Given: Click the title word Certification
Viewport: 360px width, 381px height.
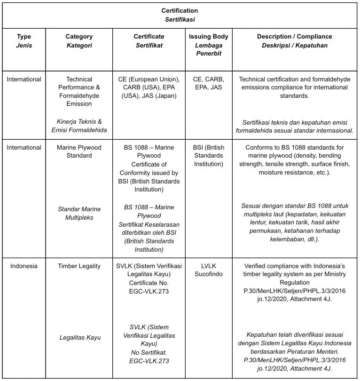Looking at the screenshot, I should (x=180, y=11).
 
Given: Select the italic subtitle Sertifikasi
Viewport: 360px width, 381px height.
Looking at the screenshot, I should (x=180, y=20).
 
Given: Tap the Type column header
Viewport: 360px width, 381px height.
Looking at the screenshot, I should (x=23, y=37).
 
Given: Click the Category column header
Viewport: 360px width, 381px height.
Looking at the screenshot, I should (x=79, y=37).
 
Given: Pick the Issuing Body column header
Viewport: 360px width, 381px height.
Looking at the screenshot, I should (x=208, y=37).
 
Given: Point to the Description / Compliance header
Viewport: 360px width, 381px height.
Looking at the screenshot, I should (x=294, y=37).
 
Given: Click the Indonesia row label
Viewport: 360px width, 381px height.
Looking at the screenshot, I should (x=23, y=266).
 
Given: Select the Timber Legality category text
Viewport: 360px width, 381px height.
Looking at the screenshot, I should (x=79, y=266).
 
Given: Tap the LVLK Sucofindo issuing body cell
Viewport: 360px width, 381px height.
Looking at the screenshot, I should (x=208, y=270).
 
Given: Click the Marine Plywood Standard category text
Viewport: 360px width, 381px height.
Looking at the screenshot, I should (x=79, y=151).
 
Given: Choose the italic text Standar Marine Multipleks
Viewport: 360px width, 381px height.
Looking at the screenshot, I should (x=79, y=214).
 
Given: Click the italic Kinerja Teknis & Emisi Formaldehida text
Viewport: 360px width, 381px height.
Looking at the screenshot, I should (x=79, y=126).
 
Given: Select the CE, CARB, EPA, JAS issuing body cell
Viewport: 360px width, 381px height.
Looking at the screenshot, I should (x=208, y=83).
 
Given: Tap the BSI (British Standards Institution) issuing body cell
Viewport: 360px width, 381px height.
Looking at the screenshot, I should (x=208, y=156).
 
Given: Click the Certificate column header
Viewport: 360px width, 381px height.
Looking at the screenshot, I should (x=149, y=37).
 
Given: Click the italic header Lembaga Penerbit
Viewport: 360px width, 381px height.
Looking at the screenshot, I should (x=208, y=49).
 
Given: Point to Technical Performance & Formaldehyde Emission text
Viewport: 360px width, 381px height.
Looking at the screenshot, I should (x=79, y=91).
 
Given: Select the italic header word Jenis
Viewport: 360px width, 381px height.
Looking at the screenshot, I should (x=23, y=46).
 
